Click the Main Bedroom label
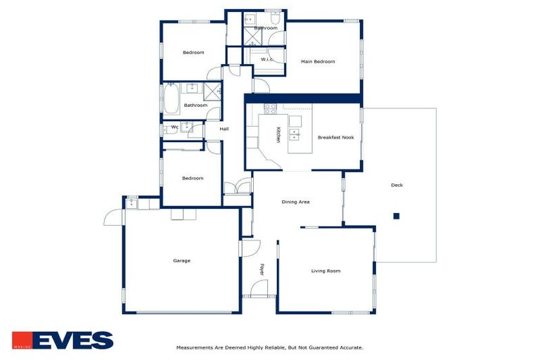coord(318,62)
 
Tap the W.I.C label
coord(266,59)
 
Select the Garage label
coord(181,261)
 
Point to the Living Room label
coord(326,271)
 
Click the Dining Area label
coord(295,202)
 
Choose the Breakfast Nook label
coord(335,138)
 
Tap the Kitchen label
coord(278,135)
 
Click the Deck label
coord(397,186)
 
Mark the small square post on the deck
coord(397,216)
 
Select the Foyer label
coord(262,269)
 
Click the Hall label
coord(224,129)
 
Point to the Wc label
coord(174,127)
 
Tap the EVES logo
coord(63,340)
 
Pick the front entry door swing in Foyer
coord(259,288)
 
